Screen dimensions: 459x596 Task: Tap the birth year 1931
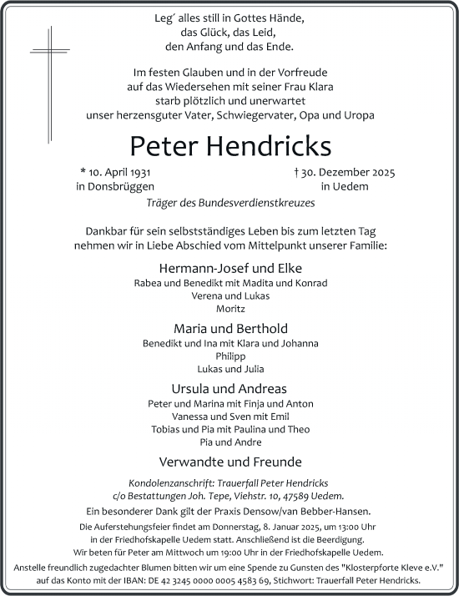(x=140, y=173)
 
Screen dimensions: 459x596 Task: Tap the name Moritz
(x=229, y=308)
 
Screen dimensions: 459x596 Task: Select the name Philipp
(x=229, y=356)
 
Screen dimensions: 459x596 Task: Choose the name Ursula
(x=191, y=388)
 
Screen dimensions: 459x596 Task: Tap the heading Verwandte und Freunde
(x=229, y=462)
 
